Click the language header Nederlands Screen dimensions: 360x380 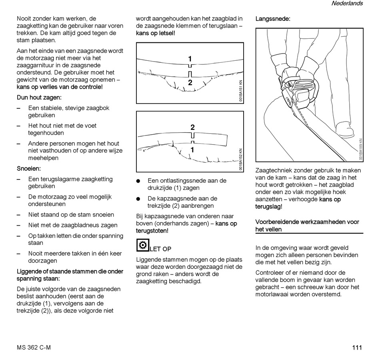pyautogui.click(x=347, y=4)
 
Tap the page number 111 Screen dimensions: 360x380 pyautogui.click(x=357, y=348)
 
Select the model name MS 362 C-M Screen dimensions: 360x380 pyautogui.click(x=34, y=348)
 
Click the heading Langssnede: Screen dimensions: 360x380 pyautogui.click(x=273, y=19)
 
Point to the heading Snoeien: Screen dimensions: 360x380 pyautogui.click(x=29, y=169)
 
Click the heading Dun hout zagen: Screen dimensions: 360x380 pyautogui.click(x=39, y=97)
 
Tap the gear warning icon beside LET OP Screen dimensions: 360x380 pyautogui.click(x=142, y=245)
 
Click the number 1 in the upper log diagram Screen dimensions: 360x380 pyautogui.click(x=190, y=59)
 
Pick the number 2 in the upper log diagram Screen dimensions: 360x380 pyautogui.click(x=190, y=83)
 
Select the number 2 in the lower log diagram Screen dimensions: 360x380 pyautogui.click(x=192, y=127)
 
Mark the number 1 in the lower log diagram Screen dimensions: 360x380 pyautogui.click(x=192, y=150)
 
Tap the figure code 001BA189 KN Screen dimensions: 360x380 pyautogui.click(x=360, y=149)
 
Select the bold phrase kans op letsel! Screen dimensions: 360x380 pyautogui.click(x=156, y=33)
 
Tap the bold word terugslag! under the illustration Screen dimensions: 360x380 pyautogui.click(x=269, y=207)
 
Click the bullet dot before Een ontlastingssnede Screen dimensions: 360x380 pyautogui.click(x=138, y=181)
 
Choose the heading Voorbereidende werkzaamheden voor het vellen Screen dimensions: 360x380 pyautogui.click(x=307, y=226)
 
